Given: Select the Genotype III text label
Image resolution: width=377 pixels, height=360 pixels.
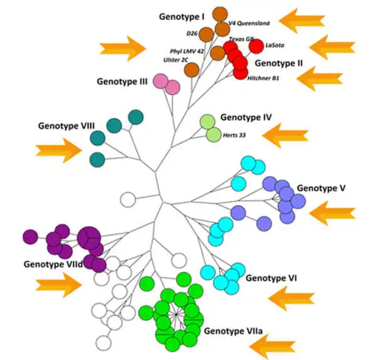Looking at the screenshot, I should tap(122, 81).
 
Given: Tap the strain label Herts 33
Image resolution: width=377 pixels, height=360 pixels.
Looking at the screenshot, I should tap(234, 134).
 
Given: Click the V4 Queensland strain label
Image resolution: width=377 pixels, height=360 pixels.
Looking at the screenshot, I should tap(249, 23).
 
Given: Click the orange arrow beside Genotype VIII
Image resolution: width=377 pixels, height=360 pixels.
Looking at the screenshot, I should tap(58, 150).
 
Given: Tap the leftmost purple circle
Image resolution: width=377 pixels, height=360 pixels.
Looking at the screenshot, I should tap(30, 236).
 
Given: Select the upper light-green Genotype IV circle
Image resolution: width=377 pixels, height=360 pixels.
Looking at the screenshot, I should tap(209, 121).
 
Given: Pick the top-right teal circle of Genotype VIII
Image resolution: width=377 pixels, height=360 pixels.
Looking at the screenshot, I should tap(135, 117).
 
